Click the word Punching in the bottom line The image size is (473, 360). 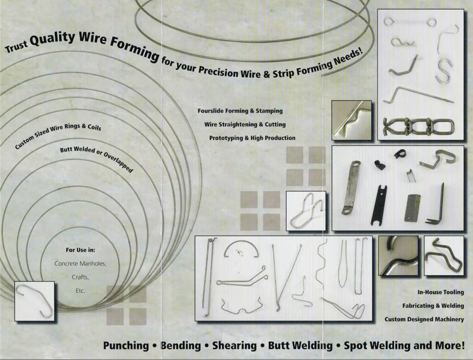click(126, 346)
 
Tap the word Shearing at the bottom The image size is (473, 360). click(234, 346)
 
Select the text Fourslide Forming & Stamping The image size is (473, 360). click(240, 111)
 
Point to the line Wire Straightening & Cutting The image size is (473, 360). click(245, 125)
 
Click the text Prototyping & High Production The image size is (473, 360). click(252, 138)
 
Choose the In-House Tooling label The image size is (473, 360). click(440, 292)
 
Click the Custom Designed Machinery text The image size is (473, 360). click(424, 319)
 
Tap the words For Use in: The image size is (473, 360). click(80, 250)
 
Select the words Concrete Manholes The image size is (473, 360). click(80, 263)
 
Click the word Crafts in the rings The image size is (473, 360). click(80, 277)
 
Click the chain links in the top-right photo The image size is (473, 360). click(418, 126)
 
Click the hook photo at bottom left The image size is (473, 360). click(34, 301)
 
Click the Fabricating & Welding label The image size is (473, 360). click(433, 306)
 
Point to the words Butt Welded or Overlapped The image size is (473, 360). click(96, 159)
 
